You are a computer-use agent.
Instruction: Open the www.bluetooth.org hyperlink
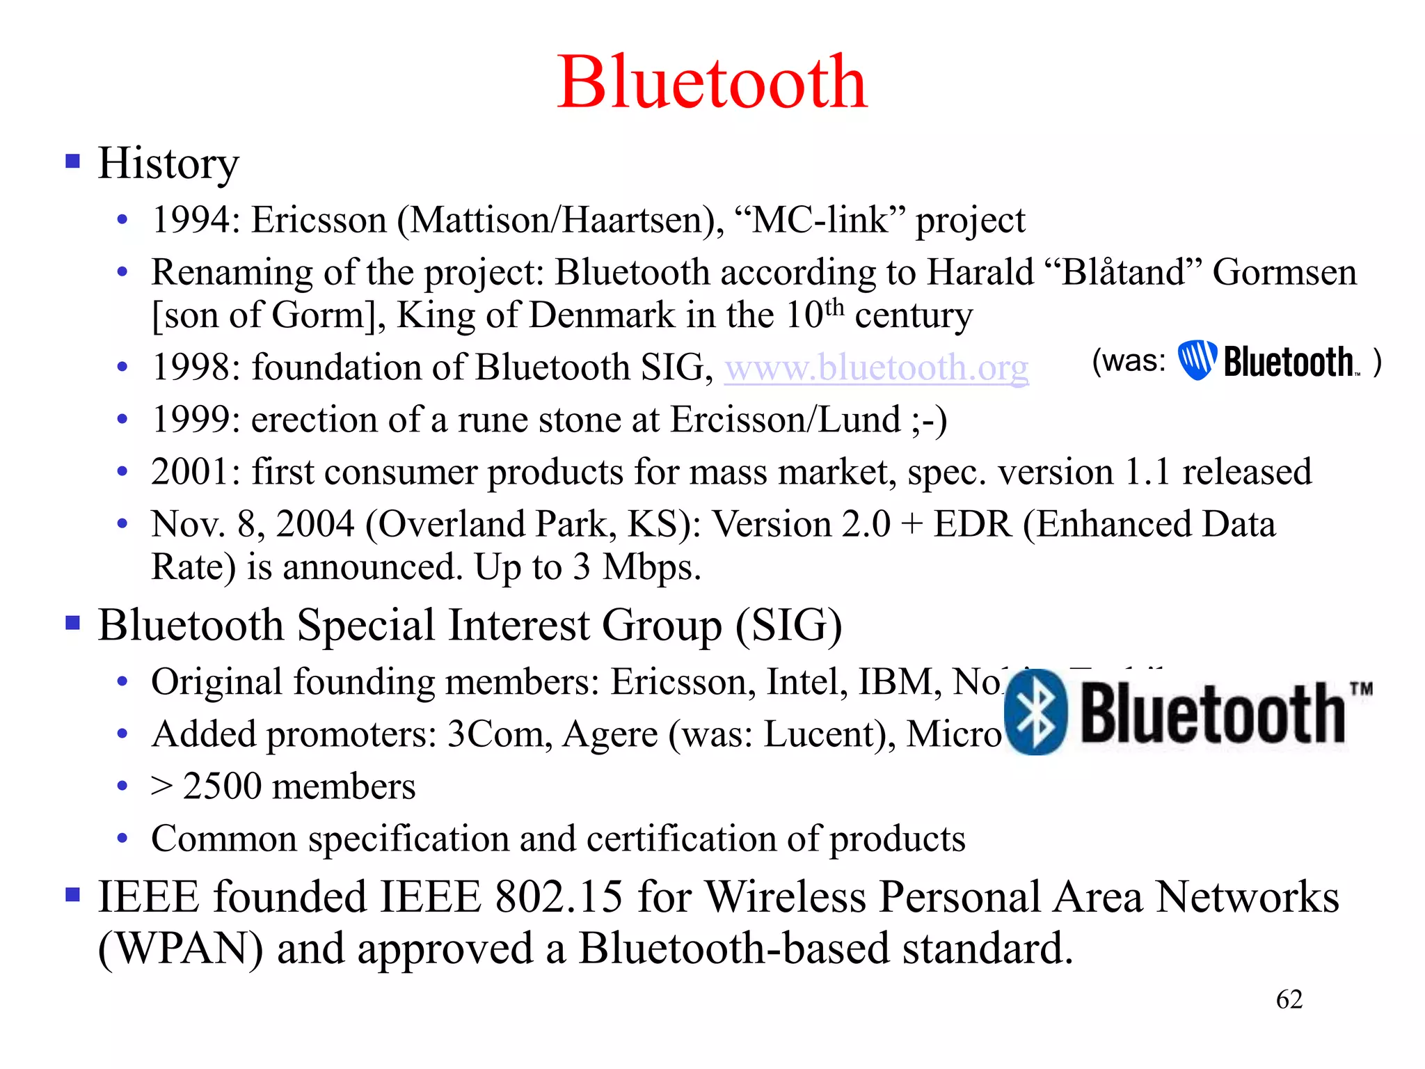876,367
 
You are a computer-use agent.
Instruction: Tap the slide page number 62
1289,999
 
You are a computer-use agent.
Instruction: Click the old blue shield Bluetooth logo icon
1197,360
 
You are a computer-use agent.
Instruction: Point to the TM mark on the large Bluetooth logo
1362,689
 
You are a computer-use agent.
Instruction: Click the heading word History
168,164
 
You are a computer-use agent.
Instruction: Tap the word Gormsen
1284,272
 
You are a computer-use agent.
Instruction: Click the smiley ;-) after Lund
929,420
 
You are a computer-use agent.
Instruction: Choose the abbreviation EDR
972,524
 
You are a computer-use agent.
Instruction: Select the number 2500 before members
222,786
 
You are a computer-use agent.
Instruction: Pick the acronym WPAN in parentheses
181,949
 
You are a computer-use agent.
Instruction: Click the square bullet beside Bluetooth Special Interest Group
72,621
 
